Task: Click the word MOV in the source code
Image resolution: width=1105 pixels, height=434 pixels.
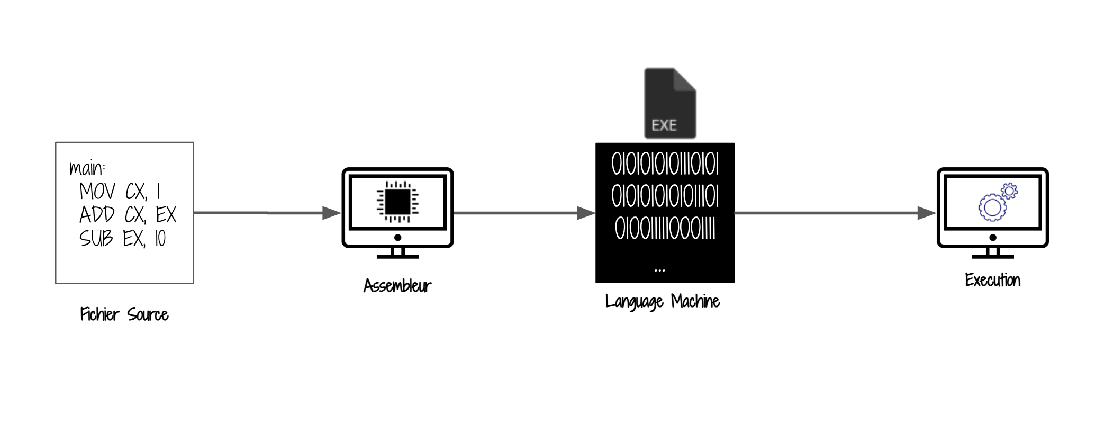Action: click(97, 191)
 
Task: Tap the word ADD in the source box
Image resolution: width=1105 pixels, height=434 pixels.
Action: click(97, 215)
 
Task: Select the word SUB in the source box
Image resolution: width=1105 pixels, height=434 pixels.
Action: click(96, 238)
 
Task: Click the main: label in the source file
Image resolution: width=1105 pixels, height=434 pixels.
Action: click(87, 168)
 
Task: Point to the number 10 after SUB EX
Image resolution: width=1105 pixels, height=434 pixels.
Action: click(160, 239)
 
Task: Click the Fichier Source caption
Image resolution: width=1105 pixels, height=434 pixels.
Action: click(124, 314)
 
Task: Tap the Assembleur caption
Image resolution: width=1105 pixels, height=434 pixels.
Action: click(397, 286)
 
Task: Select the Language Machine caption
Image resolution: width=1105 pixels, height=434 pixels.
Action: click(663, 302)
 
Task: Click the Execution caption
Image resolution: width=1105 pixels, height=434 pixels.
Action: click(993, 280)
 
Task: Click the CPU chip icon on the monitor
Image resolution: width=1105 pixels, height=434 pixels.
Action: click(397, 202)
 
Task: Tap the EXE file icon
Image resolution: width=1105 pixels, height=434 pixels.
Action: click(669, 104)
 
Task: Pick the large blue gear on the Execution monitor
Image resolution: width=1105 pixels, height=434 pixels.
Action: click(992, 207)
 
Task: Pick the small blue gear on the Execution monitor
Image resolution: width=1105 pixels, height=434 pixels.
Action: click(1009, 191)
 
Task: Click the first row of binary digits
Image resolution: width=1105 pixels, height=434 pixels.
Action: click(665, 165)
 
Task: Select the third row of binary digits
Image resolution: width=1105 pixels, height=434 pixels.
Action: click(665, 229)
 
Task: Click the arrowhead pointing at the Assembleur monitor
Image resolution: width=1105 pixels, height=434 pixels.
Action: click(332, 213)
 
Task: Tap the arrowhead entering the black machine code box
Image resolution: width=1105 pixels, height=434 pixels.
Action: click(586, 213)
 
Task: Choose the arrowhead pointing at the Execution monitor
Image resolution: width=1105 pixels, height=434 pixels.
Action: click(927, 213)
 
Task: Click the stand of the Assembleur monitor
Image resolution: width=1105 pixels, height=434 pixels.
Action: click(397, 254)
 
